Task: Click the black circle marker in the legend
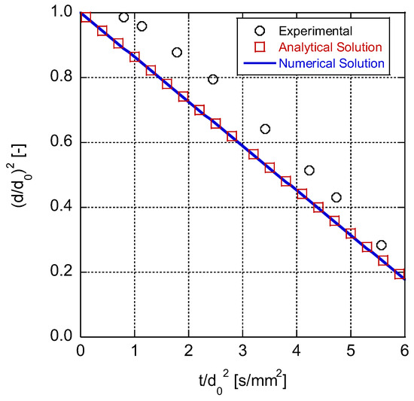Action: (260, 31)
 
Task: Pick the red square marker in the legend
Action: (260, 47)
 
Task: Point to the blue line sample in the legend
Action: (260, 64)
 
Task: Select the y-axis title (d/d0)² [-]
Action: (21, 175)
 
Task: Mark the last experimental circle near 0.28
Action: (381, 245)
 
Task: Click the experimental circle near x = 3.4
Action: (265, 129)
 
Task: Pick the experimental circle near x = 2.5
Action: (213, 79)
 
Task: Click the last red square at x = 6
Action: (400, 274)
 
